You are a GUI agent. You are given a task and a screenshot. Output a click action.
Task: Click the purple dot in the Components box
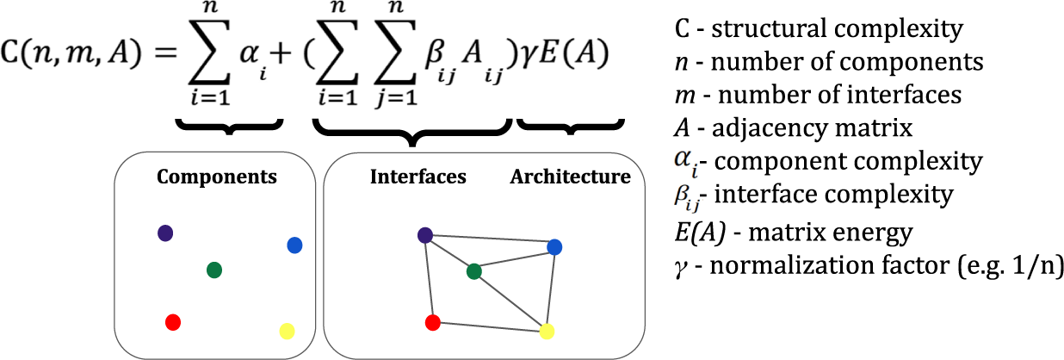(165, 233)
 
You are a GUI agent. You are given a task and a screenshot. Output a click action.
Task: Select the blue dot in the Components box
(294, 245)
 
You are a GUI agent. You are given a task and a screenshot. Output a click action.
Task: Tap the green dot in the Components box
(215, 270)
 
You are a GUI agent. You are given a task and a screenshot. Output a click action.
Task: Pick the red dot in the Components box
(172, 322)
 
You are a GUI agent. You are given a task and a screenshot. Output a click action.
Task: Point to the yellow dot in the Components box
(288, 331)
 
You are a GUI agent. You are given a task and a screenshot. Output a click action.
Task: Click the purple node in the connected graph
(424, 235)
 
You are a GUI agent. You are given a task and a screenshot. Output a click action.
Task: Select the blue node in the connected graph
(554, 248)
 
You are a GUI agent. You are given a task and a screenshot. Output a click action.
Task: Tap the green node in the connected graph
(473, 272)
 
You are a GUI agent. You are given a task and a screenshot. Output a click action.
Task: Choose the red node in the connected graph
(433, 322)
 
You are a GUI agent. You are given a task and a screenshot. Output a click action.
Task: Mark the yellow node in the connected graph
(546, 331)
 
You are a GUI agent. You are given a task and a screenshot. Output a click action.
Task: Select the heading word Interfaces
(418, 177)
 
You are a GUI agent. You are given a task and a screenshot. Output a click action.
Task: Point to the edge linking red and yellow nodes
(489, 326)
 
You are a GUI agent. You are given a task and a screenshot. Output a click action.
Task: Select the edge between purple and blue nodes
(489, 242)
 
